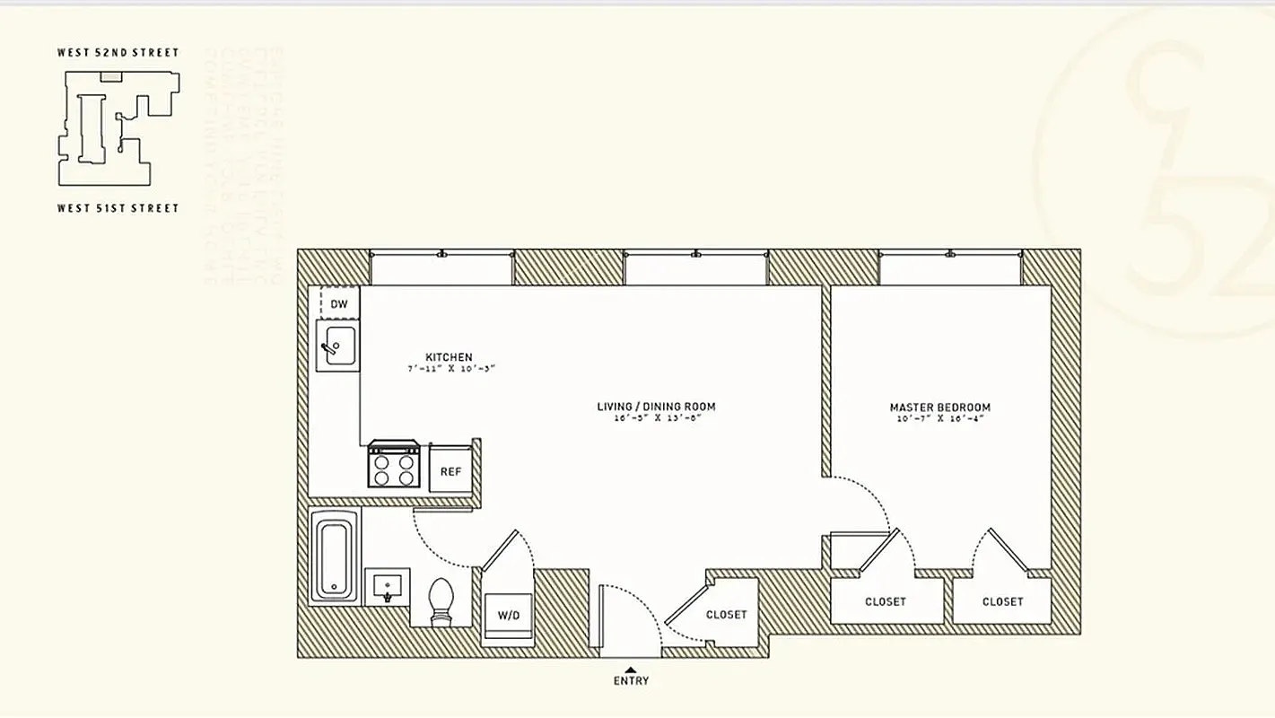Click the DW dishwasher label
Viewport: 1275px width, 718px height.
pyautogui.click(x=339, y=304)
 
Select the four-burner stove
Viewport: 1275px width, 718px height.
pyautogui.click(x=394, y=465)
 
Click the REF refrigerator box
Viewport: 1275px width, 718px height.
pyautogui.click(x=450, y=470)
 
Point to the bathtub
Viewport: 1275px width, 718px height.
pyautogui.click(x=334, y=556)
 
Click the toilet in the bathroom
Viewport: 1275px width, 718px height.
pyautogui.click(x=441, y=600)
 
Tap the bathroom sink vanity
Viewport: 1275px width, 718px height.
pyautogui.click(x=388, y=587)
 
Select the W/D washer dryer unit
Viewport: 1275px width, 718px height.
pyautogui.click(x=509, y=616)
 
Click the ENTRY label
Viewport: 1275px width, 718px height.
pyautogui.click(x=631, y=681)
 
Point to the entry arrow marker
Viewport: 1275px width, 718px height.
pyautogui.click(x=631, y=670)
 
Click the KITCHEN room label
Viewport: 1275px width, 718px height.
pyautogui.click(x=449, y=357)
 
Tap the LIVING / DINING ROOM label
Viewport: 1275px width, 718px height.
pyautogui.click(x=656, y=407)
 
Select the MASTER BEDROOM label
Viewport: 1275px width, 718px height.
pyautogui.click(x=939, y=407)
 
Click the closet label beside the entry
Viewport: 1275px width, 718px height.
pyautogui.click(x=726, y=615)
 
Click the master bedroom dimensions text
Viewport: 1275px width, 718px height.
pyautogui.click(x=939, y=419)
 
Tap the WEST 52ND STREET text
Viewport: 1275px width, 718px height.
pyautogui.click(x=118, y=53)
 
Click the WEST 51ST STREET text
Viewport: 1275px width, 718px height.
pyautogui.click(x=118, y=208)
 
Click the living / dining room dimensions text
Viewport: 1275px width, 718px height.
pyautogui.click(x=656, y=418)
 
